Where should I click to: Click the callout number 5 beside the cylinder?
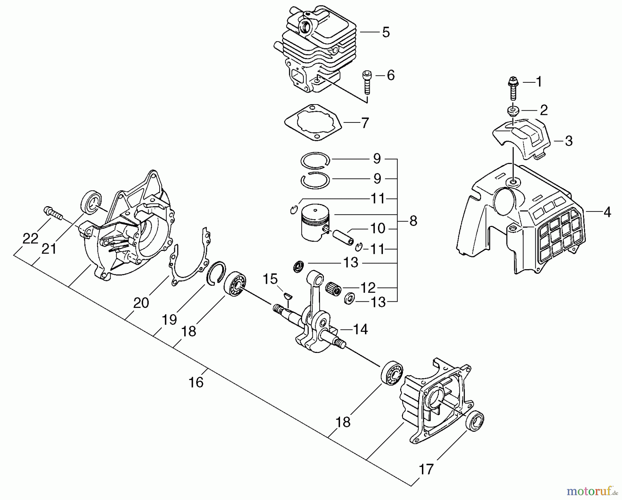[x=386, y=33]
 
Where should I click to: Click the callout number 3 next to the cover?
[x=569, y=141]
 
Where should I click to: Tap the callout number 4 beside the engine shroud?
[x=607, y=212]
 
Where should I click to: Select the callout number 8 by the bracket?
[x=413, y=221]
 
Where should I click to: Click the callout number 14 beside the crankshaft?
[x=360, y=329]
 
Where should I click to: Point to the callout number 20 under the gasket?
[x=141, y=303]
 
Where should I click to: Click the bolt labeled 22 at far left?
[x=53, y=213]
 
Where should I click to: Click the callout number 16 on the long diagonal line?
[x=196, y=383]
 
